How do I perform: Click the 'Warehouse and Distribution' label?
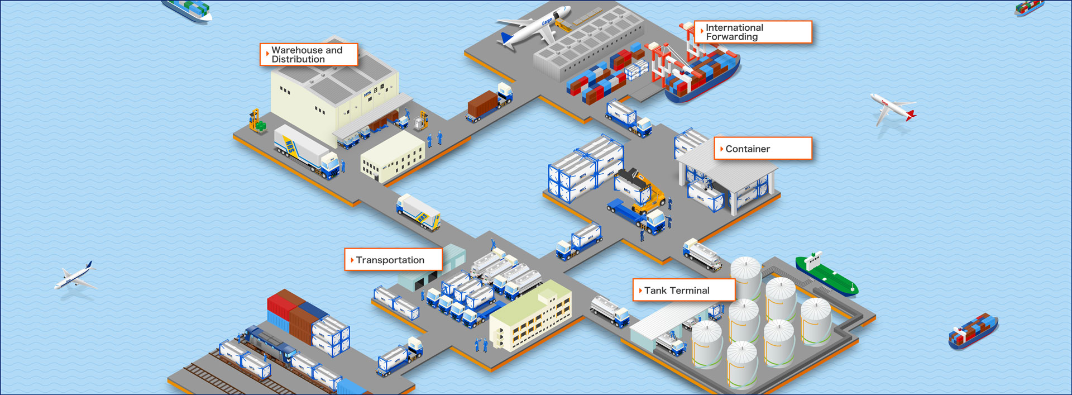309,55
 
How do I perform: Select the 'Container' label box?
762,149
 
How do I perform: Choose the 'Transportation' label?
393,260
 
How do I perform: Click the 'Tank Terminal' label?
683,291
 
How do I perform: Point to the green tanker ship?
826,274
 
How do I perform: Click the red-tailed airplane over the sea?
892,108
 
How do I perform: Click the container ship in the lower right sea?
973,330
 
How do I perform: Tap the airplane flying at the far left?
75,276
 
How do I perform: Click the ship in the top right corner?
1028,7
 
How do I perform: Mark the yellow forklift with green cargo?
257,121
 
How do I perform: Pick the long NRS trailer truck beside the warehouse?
306,151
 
